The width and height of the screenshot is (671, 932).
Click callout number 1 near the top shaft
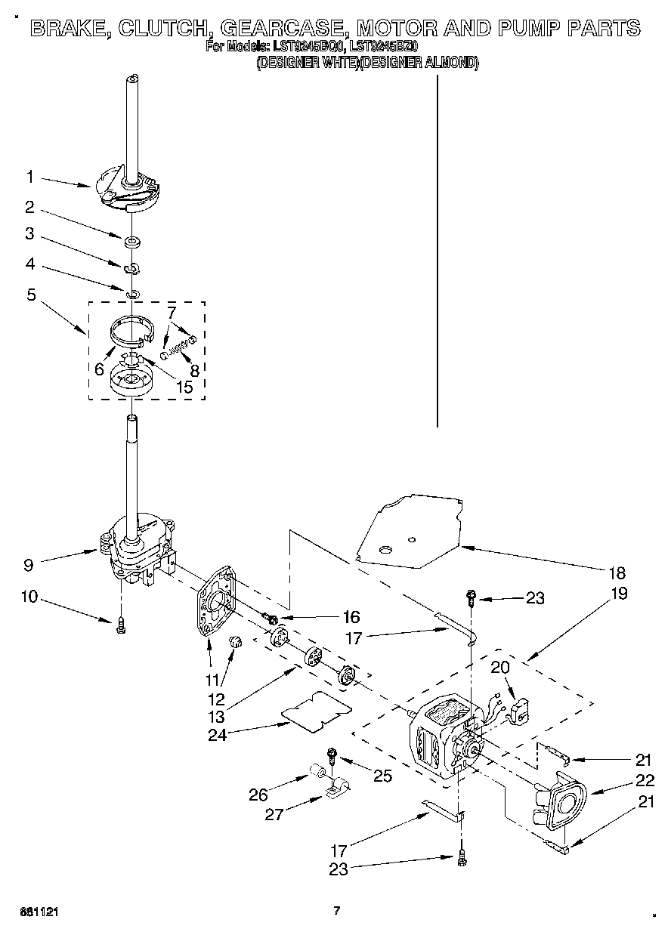pyautogui.click(x=29, y=177)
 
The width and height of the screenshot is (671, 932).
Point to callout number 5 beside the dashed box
pyautogui.click(x=31, y=295)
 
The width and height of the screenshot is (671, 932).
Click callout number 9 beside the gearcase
pyautogui.click(x=29, y=563)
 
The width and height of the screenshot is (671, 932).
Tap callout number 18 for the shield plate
pyautogui.click(x=618, y=572)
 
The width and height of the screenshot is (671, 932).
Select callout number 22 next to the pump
pyautogui.click(x=645, y=781)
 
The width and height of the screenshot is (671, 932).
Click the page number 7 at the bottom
pyautogui.click(x=337, y=911)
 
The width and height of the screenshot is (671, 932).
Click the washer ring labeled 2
pyautogui.click(x=133, y=242)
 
